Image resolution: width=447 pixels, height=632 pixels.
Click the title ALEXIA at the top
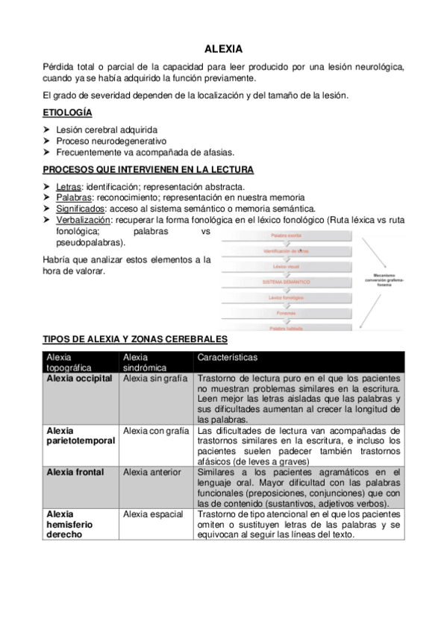(x=223, y=49)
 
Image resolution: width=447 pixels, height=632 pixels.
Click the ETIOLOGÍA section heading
(x=68, y=113)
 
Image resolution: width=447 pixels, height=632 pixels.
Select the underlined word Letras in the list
(x=69, y=186)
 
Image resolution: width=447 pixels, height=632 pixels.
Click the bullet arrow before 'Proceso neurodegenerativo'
(x=49, y=140)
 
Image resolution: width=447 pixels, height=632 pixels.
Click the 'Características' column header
(x=228, y=358)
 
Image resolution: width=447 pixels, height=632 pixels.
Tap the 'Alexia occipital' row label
(x=79, y=379)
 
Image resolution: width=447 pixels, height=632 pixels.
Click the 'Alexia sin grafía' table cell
(x=154, y=379)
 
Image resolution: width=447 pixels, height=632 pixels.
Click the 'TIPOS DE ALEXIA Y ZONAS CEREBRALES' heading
(x=135, y=339)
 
